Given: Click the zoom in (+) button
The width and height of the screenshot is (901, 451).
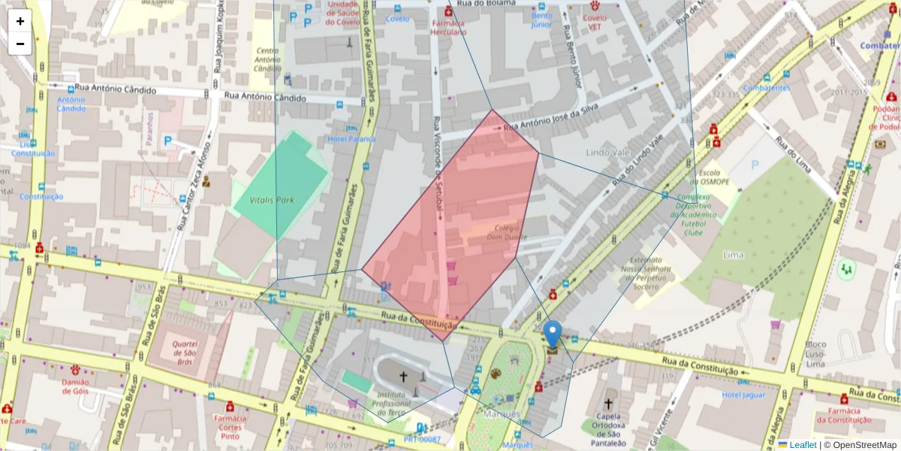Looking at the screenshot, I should click(20, 21).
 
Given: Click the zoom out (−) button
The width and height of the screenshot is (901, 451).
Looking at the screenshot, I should click(20, 44).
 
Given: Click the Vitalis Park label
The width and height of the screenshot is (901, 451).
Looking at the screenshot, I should click(273, 201).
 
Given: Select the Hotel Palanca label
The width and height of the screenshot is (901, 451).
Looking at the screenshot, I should click(351, 138).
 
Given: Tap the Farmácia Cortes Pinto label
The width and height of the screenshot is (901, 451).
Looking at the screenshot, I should click(230, 426).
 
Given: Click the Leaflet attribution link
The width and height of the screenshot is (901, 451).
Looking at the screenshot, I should click(802, 445).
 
